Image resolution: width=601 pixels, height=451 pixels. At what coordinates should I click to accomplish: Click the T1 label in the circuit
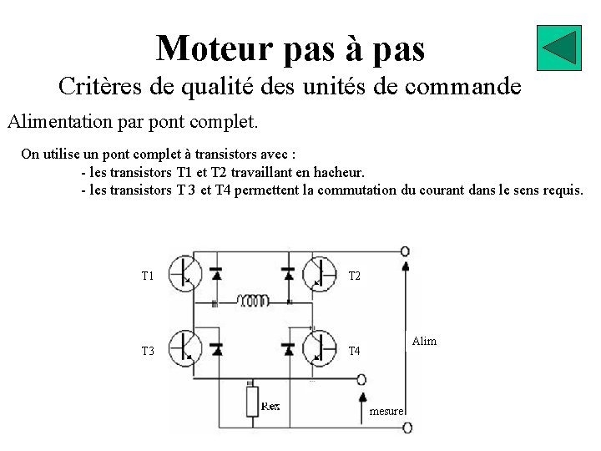pos(148,276)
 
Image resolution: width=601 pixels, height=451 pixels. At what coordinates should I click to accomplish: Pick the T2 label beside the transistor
pos(354,276)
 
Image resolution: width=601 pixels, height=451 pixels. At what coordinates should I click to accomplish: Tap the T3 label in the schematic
pos(148,351)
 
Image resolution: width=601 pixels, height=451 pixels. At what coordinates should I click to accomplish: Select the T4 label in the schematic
pos(354,351)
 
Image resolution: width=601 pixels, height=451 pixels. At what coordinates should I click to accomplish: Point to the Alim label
pos(424,342)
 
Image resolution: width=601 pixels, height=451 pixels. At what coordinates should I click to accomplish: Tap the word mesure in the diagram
pos(386,412)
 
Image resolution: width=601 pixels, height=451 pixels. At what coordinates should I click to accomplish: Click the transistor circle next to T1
pos(185,272)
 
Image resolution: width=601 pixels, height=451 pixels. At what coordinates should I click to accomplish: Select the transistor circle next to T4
pos(318,347)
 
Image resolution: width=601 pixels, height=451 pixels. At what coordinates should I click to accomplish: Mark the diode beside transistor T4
pos(288,347)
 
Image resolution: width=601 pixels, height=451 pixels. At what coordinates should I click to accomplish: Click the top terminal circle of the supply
pos(406,251)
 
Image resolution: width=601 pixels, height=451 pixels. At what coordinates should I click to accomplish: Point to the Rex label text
pos(270,406)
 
